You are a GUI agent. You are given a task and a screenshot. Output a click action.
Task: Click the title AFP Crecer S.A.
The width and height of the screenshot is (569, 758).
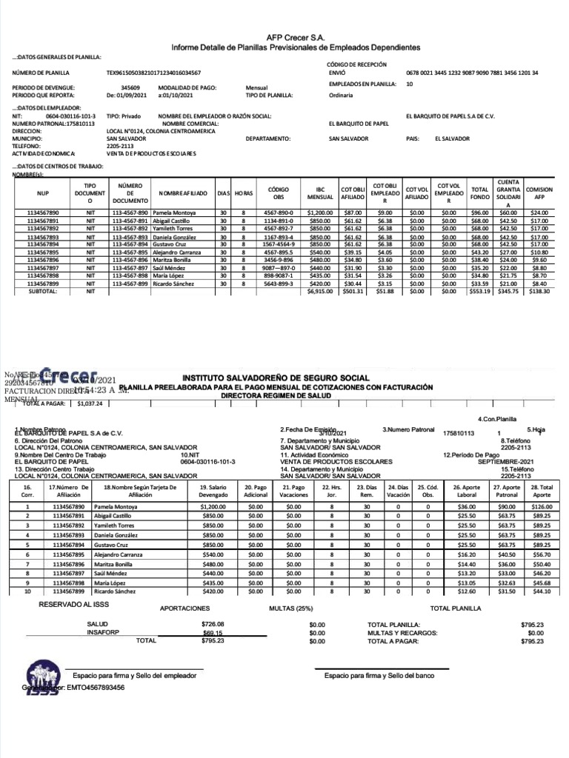click(x=295, y=36)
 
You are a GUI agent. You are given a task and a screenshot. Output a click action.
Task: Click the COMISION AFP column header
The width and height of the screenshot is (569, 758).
click(x=539, y=193)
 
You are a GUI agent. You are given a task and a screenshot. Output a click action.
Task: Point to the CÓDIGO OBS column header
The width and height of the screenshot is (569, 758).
click(x=279, y=193)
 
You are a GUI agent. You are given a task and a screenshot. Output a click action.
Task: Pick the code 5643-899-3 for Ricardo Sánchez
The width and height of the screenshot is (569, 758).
click(x=279, y=283)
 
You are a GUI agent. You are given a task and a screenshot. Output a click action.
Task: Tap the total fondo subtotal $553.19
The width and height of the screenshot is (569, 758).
click(x=480, y=292)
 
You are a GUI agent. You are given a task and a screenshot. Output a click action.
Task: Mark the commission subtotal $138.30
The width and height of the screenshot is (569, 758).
click(x=539, y=292)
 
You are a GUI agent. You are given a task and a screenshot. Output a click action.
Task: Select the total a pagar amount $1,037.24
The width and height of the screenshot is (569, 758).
click(x=90, y=404)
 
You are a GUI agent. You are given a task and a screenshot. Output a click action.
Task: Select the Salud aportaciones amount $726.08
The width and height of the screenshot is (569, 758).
click(x=212, y=624)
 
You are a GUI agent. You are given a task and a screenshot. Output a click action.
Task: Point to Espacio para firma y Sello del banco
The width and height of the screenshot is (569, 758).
click(x=379, y=676)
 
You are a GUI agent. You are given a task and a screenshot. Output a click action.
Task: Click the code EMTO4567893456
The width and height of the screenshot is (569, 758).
click(x=95, y=688)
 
